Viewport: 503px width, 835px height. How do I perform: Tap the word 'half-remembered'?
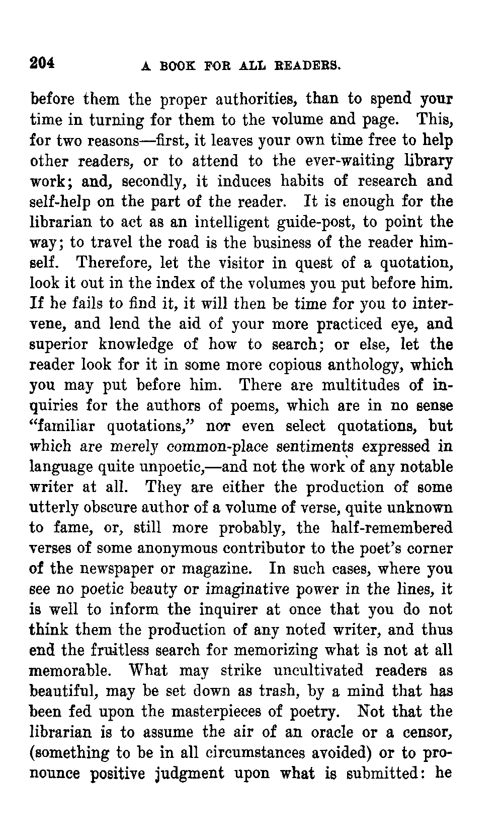[392, 528]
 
